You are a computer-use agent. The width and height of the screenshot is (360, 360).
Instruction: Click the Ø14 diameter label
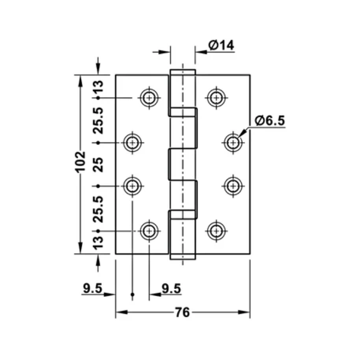pos(222,45)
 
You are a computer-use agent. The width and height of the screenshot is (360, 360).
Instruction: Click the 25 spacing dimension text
pos(98,164)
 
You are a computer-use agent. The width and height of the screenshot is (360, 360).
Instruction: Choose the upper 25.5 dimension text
pos(98,120)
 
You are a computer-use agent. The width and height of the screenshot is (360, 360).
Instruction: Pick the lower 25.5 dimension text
pos(98,208)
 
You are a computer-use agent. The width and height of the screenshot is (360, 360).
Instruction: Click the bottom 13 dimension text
pos(98,242)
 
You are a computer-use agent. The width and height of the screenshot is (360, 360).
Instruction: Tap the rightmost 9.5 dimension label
pos(171,289)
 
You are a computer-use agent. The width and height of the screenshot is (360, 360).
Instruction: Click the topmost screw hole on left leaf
pos(150,97)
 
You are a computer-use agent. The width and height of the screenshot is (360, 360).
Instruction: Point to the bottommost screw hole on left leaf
pos(150,231)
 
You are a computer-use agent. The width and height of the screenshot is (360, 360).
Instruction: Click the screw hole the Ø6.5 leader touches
pos(233,142)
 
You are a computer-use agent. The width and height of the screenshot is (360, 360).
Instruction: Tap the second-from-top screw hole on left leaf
pos(133,142)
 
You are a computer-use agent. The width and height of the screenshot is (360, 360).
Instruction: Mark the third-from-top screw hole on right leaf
pos(233,186)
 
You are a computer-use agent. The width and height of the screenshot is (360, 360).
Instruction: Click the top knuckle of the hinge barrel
pos(183,90)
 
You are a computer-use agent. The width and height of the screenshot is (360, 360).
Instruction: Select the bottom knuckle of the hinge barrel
pos(183,237)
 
